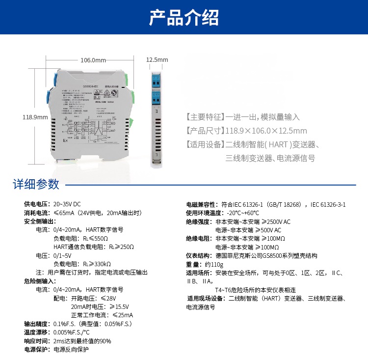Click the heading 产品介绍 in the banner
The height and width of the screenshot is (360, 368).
pos(184,18)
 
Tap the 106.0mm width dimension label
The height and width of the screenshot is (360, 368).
pos(93,60)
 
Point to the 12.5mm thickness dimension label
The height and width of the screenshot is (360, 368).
pos(157,60)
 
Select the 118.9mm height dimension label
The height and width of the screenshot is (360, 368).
pos(35,117)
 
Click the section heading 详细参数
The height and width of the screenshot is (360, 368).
pos(36,184)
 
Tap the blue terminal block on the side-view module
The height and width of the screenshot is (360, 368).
pos(157,89)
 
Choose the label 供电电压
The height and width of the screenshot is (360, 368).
pos(36,204)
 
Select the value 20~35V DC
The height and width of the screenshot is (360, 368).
pos(67,204)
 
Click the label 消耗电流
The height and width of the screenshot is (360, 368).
pos(36,213)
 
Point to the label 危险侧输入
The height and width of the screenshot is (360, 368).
pos(39,281)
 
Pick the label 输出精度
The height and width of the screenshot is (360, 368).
pos(36,324)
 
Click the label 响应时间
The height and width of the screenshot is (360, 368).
pos(36,341)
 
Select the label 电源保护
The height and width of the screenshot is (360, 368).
pos(36,350)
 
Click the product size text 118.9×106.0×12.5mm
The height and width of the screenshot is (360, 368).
pos(266,131)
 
